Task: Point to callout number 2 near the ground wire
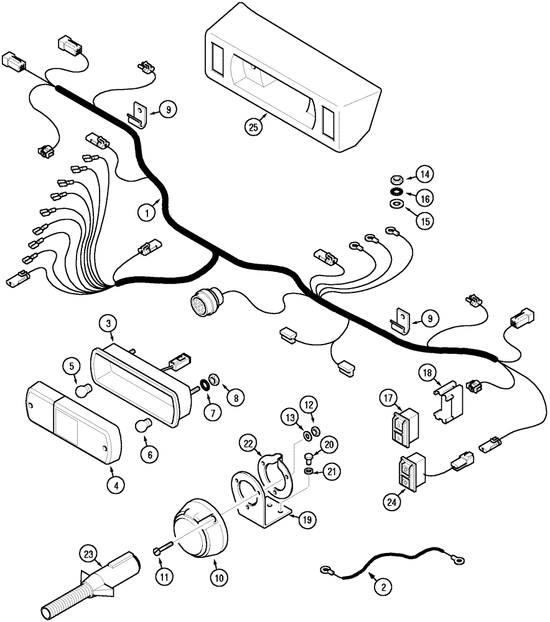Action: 383,585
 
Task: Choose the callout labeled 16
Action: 424,198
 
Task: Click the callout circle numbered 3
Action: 108,323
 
